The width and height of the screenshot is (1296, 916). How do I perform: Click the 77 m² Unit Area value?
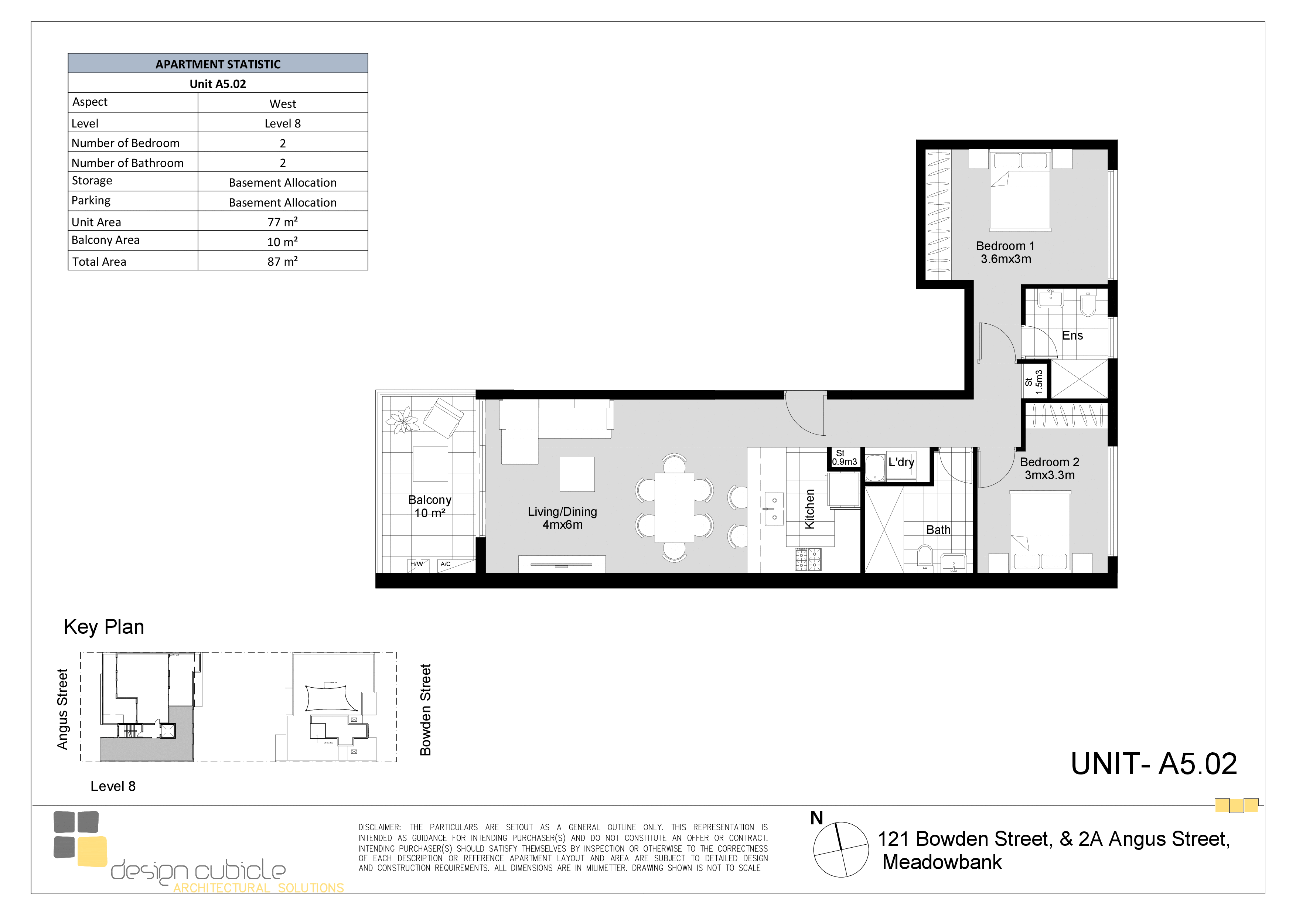(282, 222)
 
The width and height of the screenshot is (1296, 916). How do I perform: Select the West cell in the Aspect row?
(283, 104)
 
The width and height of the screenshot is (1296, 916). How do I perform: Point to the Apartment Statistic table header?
(218, 64)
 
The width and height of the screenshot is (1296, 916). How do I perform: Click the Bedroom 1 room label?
(1005, 252)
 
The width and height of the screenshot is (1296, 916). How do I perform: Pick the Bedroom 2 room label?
(1049, 469)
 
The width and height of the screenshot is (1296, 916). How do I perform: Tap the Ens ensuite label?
(1072, 335)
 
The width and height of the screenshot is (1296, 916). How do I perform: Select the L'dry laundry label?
(901, 462)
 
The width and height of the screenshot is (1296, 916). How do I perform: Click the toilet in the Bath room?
(925, 556)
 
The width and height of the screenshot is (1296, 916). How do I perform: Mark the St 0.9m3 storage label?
(844, 458)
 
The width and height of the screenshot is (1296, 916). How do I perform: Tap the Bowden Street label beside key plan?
(426, 710)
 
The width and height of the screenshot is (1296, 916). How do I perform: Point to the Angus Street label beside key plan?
(62, 709)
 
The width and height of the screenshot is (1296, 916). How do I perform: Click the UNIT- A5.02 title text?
(1154, 764)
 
